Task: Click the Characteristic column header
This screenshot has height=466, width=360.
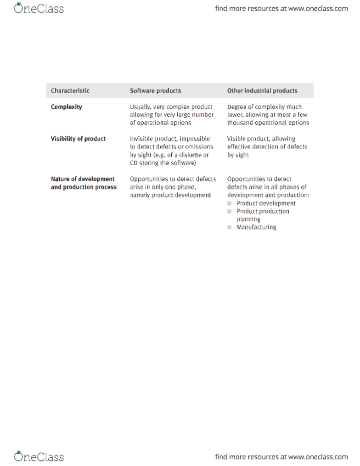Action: point(70,90)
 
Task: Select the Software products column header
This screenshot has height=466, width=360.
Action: point(155,90)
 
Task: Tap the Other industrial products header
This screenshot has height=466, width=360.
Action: point(262,90)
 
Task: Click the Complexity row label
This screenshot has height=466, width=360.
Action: point(67,107)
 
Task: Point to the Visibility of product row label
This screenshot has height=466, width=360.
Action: point(78,139)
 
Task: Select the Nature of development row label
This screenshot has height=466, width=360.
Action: point(83,179)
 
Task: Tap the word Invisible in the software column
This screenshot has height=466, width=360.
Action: point(141,139)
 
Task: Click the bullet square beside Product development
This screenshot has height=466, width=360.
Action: point(230,203)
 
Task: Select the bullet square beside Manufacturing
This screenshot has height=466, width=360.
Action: point(230,227)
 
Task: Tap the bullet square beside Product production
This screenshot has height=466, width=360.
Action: point(230,212)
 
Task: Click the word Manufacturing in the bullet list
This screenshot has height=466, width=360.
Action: point(256,227)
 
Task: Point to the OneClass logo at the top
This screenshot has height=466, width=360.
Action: point(39,8)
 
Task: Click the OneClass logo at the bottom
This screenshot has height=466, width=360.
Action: point(39,457)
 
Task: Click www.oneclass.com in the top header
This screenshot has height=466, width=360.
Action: point(318,8)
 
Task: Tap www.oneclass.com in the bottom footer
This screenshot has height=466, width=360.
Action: point(318,457)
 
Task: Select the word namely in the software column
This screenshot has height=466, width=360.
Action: point(141,195)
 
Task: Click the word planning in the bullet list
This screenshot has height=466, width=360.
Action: point(248,219)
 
